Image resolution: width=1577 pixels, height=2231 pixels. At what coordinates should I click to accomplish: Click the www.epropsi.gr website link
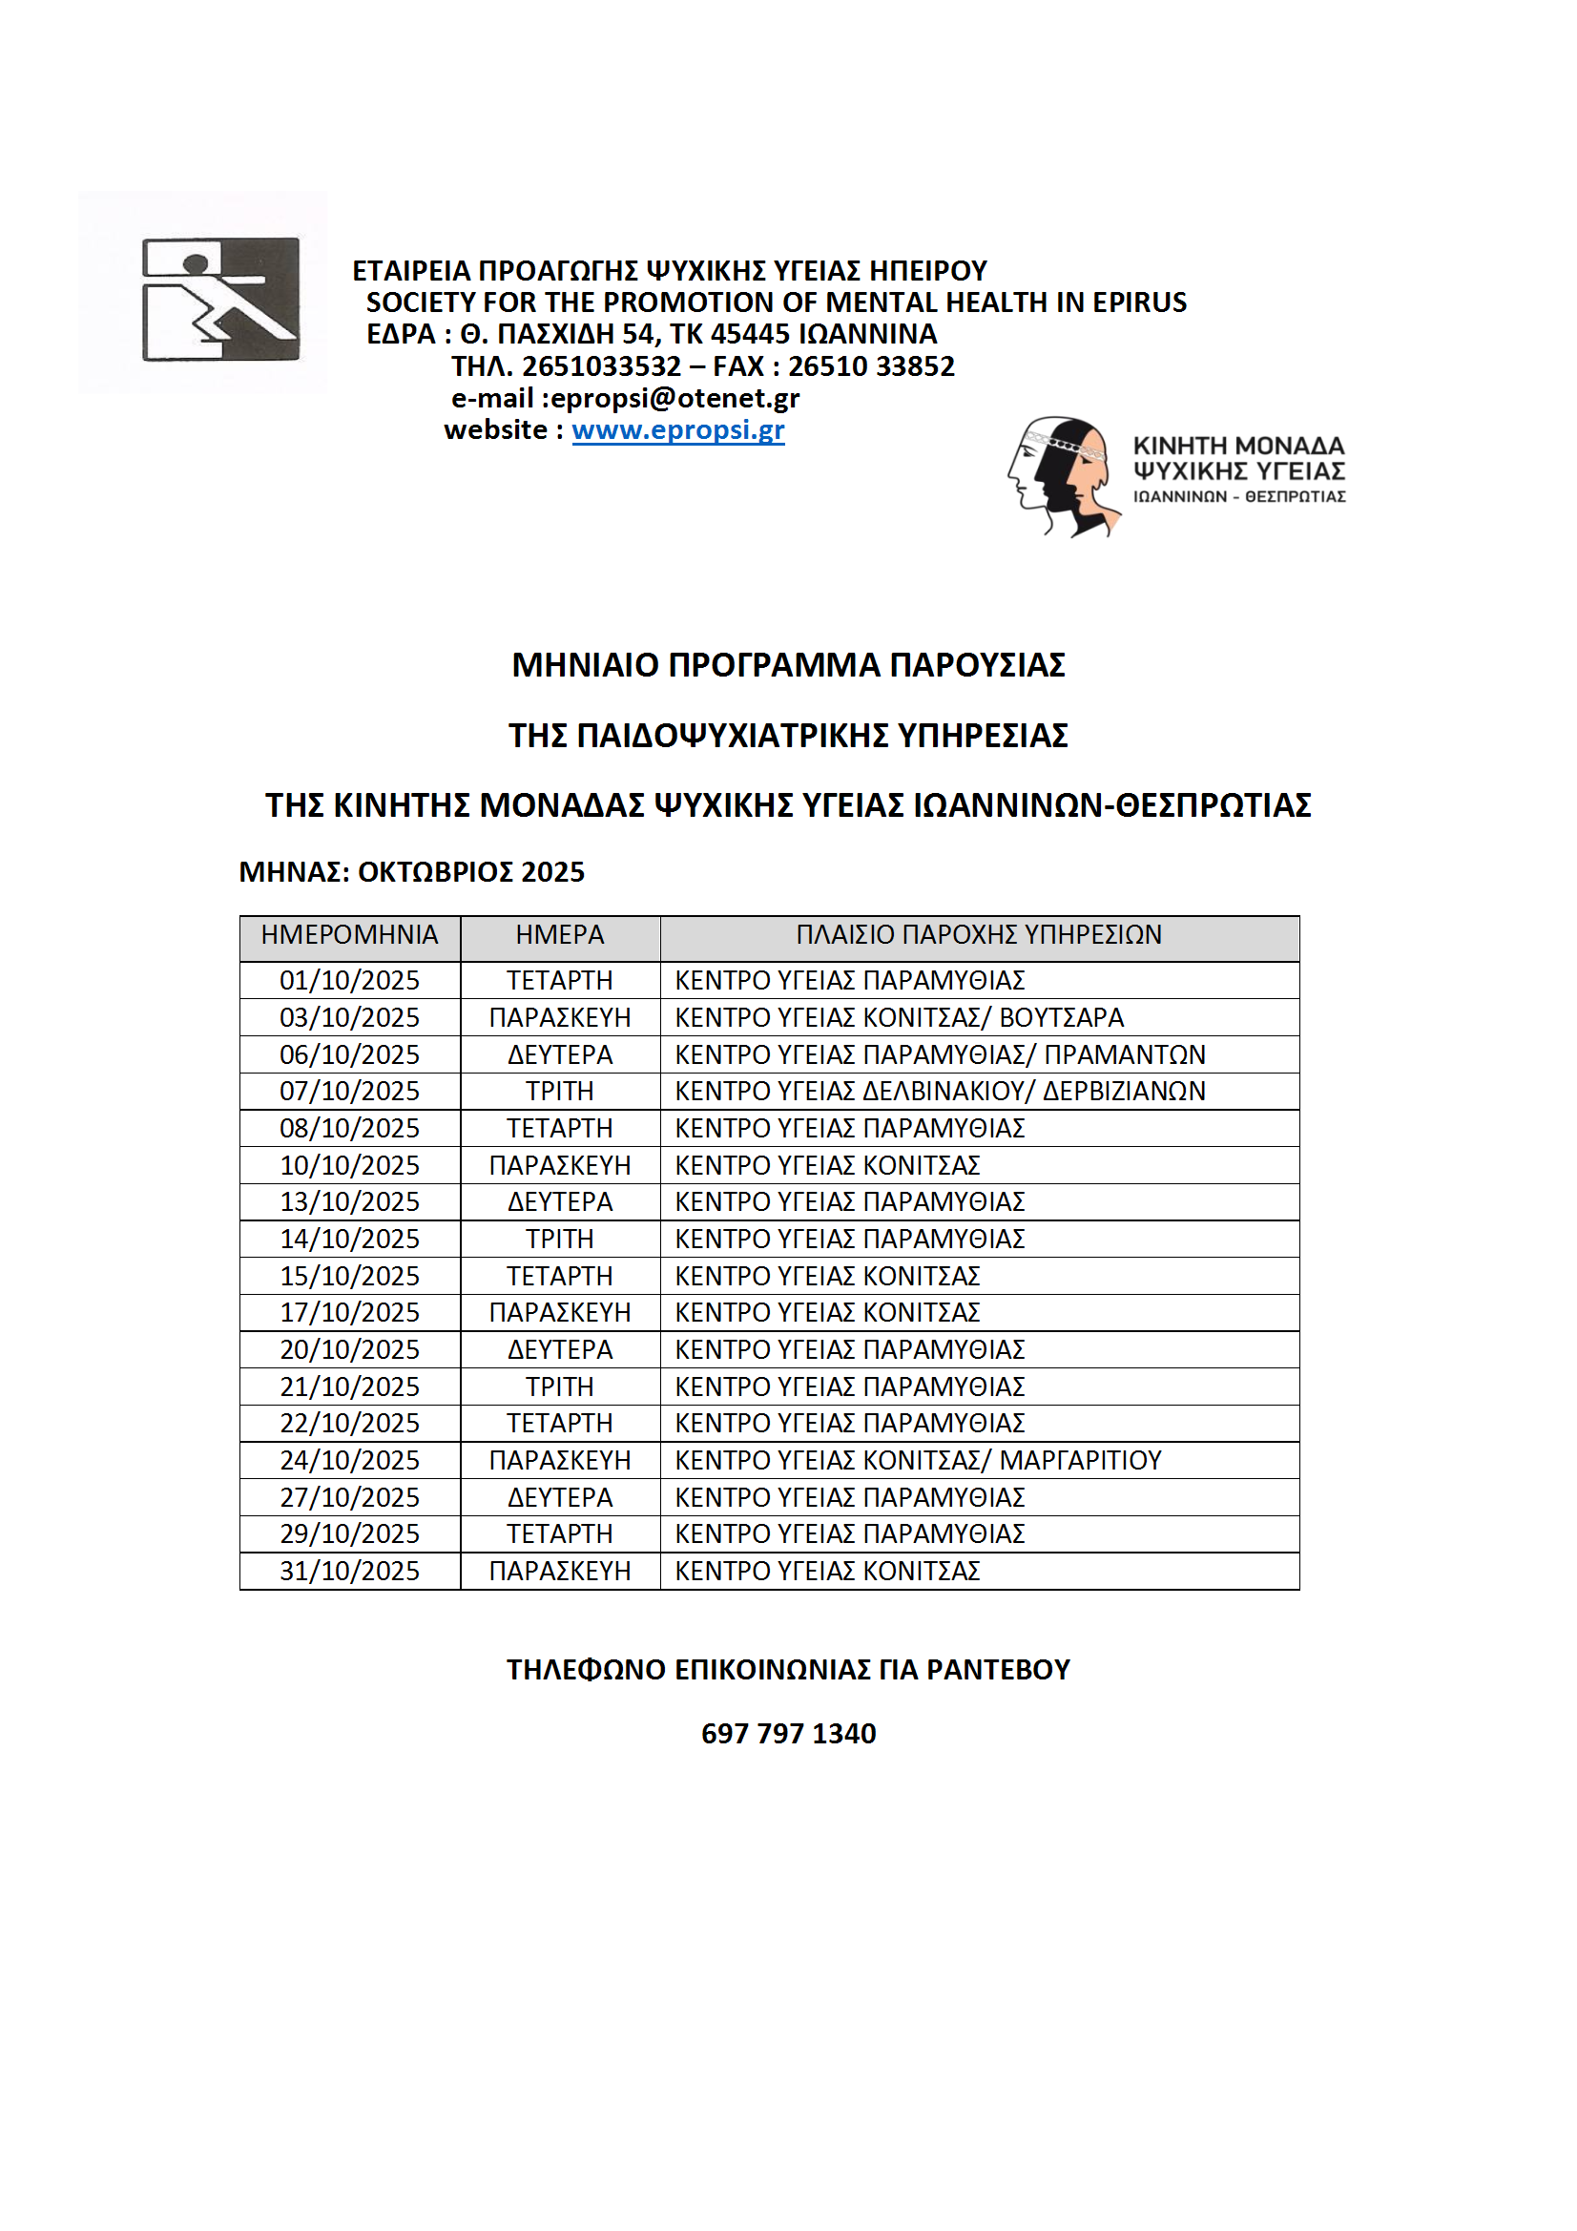coord(677,429)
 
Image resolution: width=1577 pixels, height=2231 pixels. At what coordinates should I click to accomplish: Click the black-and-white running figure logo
coord(220,300)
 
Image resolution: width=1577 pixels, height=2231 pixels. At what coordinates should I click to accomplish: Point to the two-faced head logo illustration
coord(1062,475)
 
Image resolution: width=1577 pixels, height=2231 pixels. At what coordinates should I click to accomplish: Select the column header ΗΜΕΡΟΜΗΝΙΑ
coord(349,935)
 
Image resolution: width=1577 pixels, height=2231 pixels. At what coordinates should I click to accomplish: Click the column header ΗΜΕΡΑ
coord(560,935)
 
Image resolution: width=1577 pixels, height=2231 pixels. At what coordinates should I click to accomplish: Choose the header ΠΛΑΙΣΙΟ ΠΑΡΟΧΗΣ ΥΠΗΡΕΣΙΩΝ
coord(979,935)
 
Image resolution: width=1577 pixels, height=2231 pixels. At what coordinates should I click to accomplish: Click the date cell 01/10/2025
coord(349,980)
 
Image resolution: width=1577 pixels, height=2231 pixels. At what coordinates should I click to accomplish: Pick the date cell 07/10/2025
coord(349,1092)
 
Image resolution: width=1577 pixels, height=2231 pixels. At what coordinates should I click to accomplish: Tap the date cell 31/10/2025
coord(349,1572)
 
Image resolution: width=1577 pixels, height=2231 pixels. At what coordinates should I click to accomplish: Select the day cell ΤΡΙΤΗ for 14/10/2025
coord(560,1239)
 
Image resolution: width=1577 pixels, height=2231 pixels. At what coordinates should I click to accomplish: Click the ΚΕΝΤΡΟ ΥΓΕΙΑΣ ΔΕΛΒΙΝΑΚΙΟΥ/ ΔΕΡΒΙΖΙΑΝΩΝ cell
coord(940,1092)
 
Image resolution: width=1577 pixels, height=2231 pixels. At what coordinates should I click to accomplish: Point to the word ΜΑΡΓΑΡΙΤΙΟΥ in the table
coord(1081,1460)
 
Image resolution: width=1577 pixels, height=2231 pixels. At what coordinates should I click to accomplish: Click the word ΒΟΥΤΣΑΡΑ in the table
coord(1061,1017)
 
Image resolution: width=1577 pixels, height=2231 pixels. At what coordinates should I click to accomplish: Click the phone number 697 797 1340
coord(788,1734)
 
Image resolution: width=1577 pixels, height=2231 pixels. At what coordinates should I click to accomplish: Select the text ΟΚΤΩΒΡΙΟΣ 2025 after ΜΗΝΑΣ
coord(470,871)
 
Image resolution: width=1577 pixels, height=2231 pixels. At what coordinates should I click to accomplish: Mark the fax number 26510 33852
coord(871,366)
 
